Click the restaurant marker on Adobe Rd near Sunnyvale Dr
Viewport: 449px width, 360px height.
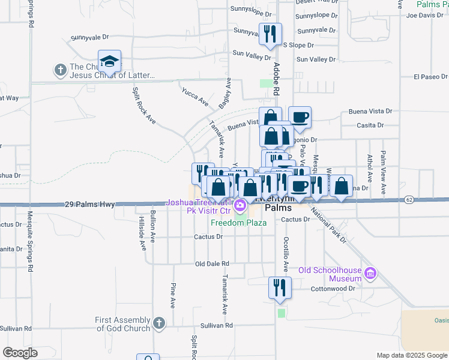point(270,34)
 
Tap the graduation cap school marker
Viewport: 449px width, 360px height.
point(109,61)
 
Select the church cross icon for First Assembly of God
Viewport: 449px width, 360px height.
point(158,323)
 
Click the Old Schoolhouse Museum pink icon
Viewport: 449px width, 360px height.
point(370,274)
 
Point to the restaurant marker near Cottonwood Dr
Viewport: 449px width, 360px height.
point(279,287)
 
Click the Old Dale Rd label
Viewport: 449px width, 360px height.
point(212,263)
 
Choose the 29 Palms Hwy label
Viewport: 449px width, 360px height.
point(89,205)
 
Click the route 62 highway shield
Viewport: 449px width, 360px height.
point(409,199)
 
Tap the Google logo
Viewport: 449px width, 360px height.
point(20,353)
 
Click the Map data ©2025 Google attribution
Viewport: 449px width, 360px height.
point(411,355)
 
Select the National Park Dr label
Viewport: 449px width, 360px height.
point(330,227)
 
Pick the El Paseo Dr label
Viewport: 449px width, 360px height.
point(431,77)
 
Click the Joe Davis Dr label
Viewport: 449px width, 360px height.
point(424,15)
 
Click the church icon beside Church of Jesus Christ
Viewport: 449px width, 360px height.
point(60,70)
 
